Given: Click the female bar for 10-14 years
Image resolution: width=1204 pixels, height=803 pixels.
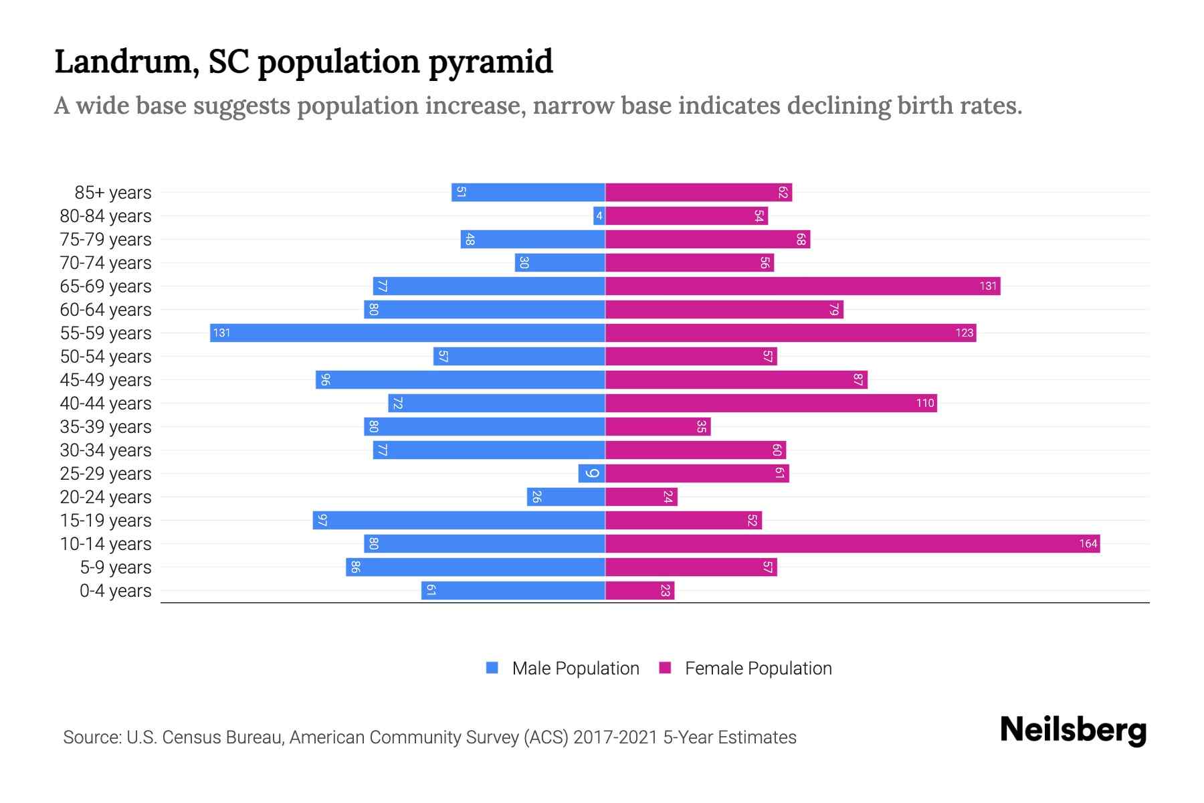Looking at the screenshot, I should pyautogui.click(x=852, y=543).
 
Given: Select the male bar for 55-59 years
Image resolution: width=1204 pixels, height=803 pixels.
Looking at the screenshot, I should pyautogui.click(x=407, y=333).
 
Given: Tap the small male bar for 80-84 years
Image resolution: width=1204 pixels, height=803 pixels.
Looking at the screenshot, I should pyautogui.click(x=599, y=215).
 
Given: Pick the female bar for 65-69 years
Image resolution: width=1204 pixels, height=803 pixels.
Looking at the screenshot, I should pyautogui.click(x=803, y=286).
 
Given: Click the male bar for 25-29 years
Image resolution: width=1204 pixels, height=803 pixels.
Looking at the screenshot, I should pyautogui.click(x=591, y=473).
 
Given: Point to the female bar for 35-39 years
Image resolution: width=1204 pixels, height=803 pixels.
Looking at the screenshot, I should pyautogui.click(x=658, y=426).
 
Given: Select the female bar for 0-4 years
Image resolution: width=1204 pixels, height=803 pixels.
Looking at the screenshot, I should pyautogui.click(x=639, y=590).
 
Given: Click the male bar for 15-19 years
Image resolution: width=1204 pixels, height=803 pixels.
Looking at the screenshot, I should pyautogui.click(x=459, y=520).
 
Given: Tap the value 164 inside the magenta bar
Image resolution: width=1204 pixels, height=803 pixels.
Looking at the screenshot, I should pyautogui.click(x=1088, y=543).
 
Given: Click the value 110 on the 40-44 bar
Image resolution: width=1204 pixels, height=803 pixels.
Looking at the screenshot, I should pyautogui.click(x=924, y=403).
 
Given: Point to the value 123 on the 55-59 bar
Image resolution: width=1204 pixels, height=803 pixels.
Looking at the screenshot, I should pyautogui.click(x=964, y=333).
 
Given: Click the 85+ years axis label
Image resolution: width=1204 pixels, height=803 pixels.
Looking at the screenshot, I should pyautogui.click(x=112, y=193).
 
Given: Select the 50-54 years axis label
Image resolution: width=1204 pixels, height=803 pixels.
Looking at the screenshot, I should pyautogui.click(x=106, y=357).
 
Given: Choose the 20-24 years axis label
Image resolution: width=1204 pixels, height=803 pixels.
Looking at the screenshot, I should pyautogui.click(x=106, y=497).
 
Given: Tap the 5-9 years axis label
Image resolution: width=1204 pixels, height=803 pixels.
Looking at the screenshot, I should pyautogui.click(x=115, y=567).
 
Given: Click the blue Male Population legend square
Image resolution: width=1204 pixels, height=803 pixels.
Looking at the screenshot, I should pyautogui.click(x=492, y=668).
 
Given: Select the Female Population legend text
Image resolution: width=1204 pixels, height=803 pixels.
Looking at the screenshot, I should pyautogui.click(x=758, y=668).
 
